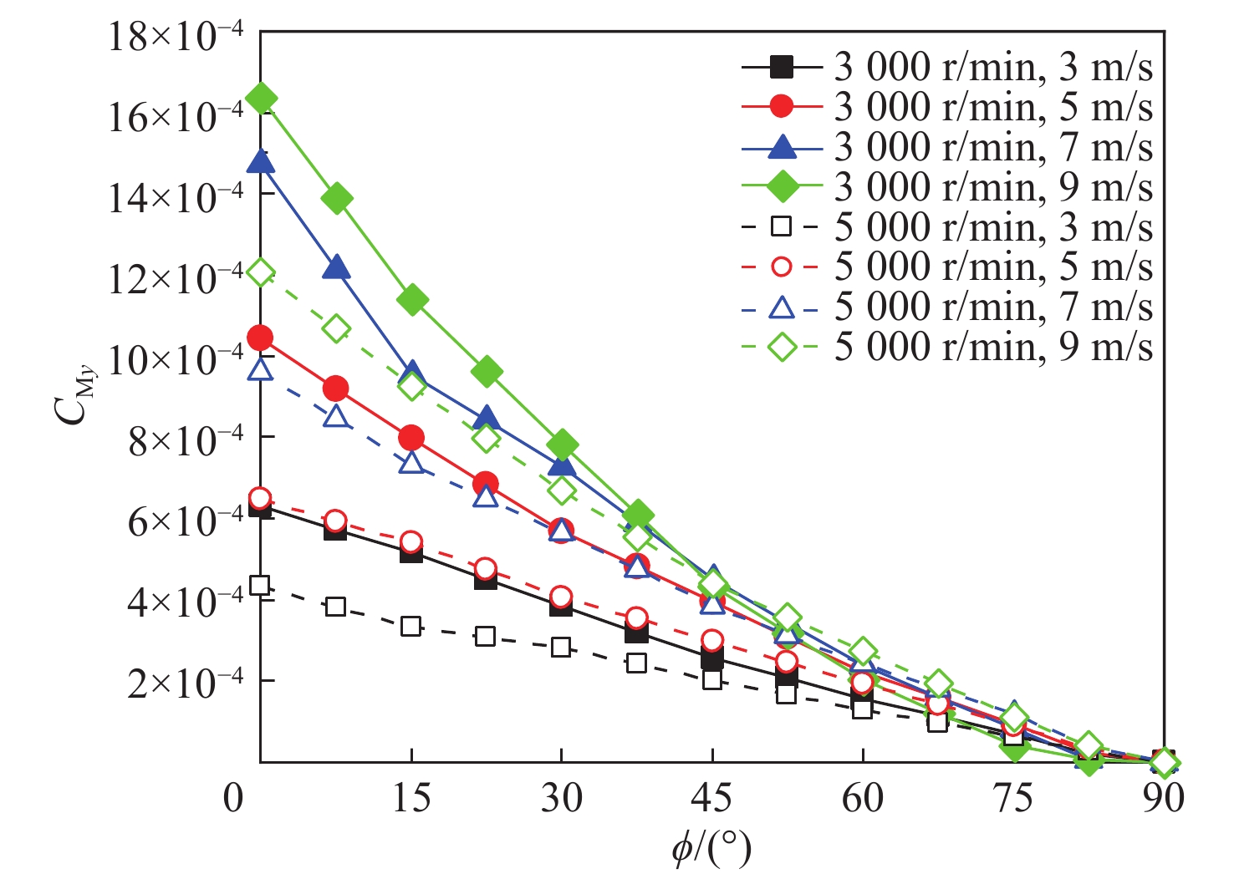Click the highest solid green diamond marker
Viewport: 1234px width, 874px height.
coord(261,99)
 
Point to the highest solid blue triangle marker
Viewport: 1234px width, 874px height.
coord(261,161)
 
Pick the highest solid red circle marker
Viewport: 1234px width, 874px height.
coord(261,338)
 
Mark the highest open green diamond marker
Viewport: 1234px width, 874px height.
coord(261,272)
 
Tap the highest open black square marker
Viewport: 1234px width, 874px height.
coord(260,585)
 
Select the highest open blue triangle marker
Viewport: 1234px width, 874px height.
coord(261,369)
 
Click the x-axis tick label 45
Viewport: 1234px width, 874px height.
coord(711,799)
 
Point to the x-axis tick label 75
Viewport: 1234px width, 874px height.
coord(1012,799)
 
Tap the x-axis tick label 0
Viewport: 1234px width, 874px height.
coord(233,799)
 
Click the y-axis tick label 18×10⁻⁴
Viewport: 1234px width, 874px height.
coord(176,37)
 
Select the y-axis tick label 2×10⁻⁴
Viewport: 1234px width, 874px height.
coord(185,682)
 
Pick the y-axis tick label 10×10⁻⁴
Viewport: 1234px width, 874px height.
coord(176,359)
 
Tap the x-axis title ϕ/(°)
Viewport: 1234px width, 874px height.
coord(711,849)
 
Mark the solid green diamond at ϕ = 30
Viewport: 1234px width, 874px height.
coord(562,445)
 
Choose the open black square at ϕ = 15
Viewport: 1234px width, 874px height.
coord(410,626)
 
